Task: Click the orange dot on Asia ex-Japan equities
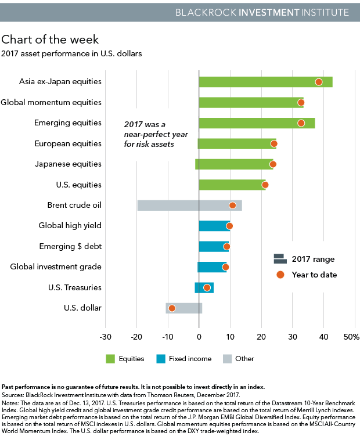tap(319, 82)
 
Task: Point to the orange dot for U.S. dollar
tap(172, 308)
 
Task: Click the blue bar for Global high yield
tap(214, 226)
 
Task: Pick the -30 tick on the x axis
tap(105, 337)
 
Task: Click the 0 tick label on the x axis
tap(199, 337)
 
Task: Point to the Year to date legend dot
tap(280, 275)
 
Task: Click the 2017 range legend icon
tap(280, 259)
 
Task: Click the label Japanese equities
tap(69, 164)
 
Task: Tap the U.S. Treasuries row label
tap(75, 287)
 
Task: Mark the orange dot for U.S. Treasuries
tap(207, 287)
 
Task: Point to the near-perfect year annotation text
tap(149, 134)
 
